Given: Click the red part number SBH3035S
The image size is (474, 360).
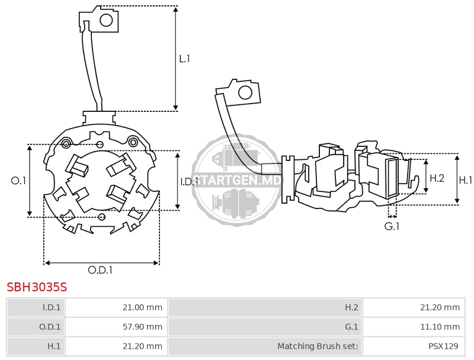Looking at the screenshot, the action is click(37, 287).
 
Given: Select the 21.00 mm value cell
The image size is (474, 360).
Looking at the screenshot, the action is click(116, 307).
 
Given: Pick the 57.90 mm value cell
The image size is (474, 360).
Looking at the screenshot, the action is click(116, 327).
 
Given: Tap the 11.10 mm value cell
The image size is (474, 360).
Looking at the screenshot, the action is click(414, 327).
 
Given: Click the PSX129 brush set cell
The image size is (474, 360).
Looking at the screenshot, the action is click(414, 346).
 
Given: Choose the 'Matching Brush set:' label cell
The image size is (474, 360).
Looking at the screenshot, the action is click(265, 346).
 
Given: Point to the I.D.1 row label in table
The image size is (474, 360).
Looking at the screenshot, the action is click(36, 307).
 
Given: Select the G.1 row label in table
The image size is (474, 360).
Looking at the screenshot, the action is click(265, 327).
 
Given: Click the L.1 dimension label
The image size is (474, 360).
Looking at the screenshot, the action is click(184, 59).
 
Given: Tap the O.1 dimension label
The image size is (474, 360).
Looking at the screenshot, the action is click(18, 181).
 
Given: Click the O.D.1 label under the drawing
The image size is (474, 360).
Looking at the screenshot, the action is click(100, 270).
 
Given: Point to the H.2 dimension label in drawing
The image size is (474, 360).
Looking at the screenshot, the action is click(437, 178).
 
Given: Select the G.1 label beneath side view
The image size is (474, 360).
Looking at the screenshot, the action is click(392, 226).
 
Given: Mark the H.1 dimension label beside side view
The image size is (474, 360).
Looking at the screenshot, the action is click(465, 181).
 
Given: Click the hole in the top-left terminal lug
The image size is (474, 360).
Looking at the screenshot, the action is click(106, 21).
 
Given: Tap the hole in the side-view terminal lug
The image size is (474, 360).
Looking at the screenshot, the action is click(245, 92).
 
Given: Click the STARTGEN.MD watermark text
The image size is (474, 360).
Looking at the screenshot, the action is click(236, 181).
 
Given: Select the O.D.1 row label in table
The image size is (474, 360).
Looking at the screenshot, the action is click(36, 327).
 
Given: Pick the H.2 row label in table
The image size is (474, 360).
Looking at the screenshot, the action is click(265, 307).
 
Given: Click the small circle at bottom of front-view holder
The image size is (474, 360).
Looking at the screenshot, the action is click(102, 217).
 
